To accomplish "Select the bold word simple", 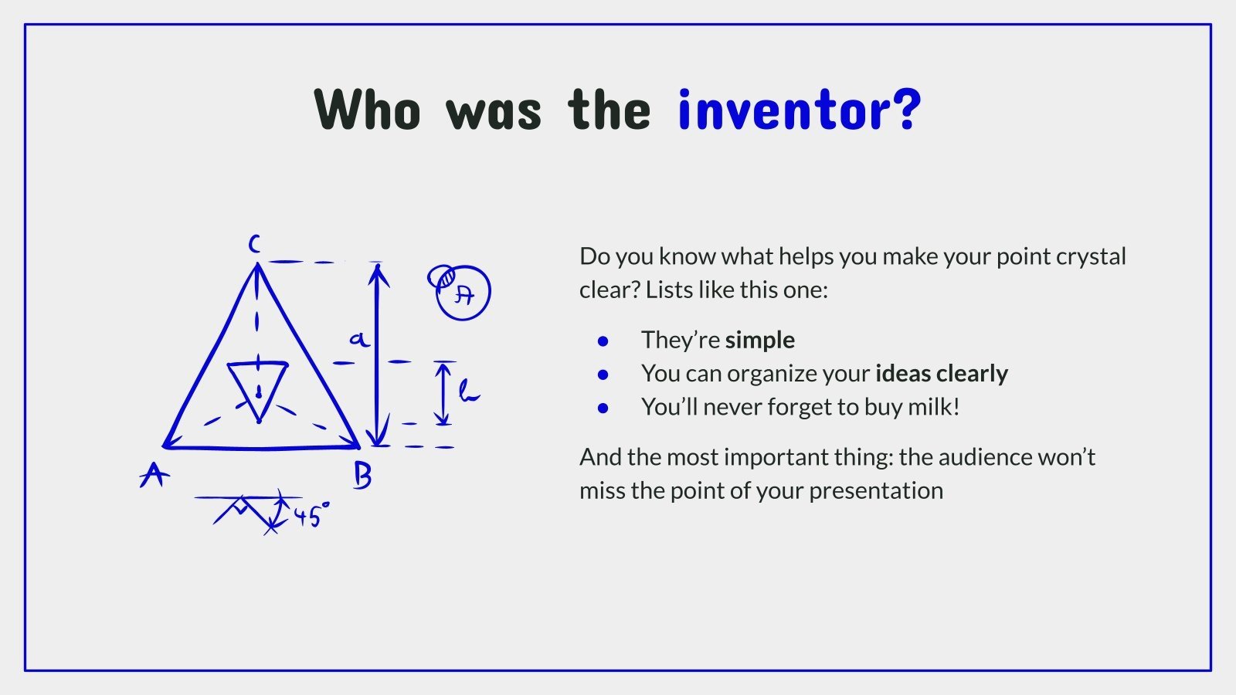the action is click(x=760, y=341).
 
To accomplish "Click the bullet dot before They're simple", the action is click(x=603, y=341).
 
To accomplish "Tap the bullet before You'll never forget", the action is click(x=603, y=409).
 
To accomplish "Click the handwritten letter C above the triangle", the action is click(x=254, y=243).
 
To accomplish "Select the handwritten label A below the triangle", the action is click(x=154, y=474).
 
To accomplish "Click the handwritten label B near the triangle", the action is click(x=362, y=476).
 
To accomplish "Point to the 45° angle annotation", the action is click(x=312, y=516).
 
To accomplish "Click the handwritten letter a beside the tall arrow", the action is click(x=360, y=339).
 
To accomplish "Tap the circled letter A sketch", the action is click(x=463, y=293).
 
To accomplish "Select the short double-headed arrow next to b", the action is click(x=442, y=393).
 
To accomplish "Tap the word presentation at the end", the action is click(x=876, y=491).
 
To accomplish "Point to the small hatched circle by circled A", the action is click(x=442, y=277).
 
